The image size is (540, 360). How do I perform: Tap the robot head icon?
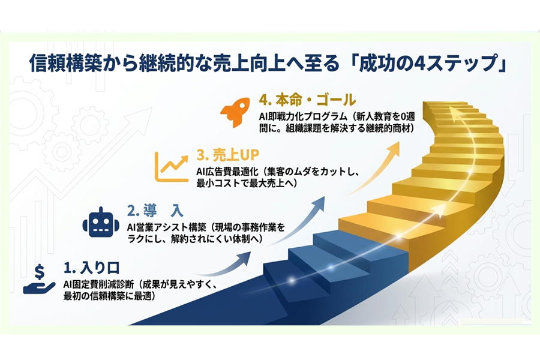tap(101, 223)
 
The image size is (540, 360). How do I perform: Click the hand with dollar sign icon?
tap(39, 279)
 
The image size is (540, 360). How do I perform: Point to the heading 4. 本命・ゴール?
tap(307, 100)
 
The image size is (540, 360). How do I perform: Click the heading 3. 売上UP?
tap(227, 155)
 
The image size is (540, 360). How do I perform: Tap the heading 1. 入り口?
tap(92, 268)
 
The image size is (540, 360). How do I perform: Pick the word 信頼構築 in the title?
tap(66, 64)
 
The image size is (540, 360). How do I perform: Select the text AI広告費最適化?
tap(226, 172)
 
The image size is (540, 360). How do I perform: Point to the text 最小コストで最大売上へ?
tap(247, 183)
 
